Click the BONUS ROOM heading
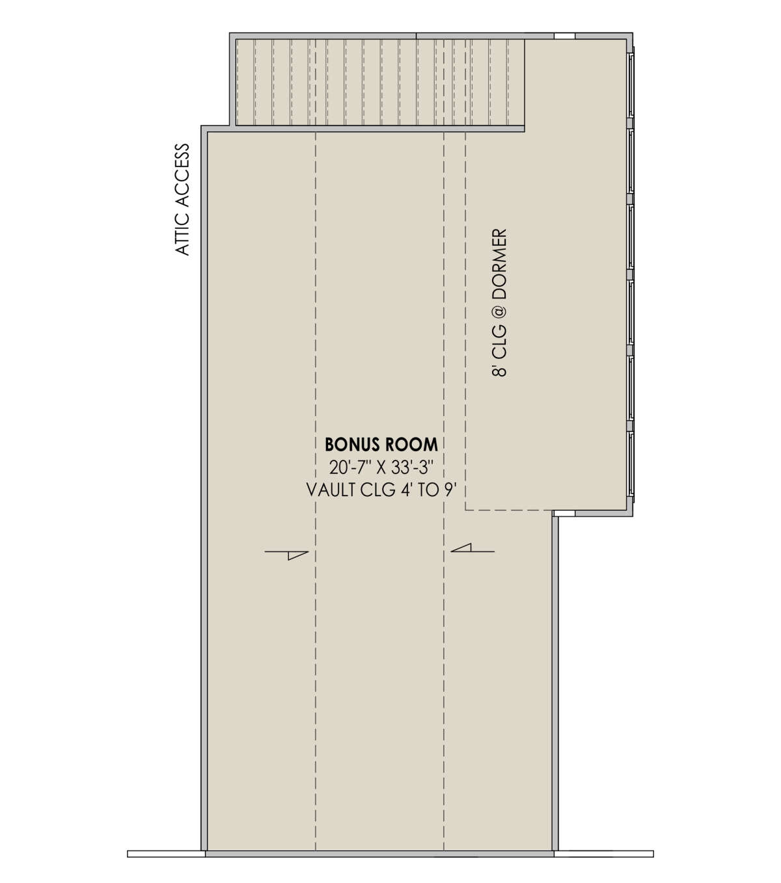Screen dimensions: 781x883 tap(381, 445)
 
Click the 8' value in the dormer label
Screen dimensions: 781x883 tap(500, 369)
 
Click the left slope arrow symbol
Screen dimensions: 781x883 tap(286, 555)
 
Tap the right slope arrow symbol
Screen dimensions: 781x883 tap(473, 548)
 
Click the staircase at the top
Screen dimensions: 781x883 tap(379, 83)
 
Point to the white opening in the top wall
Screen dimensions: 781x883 tap(564, 36)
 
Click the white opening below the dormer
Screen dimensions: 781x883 tap(564, 514)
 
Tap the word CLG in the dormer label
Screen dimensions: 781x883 tap(500, 341)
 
